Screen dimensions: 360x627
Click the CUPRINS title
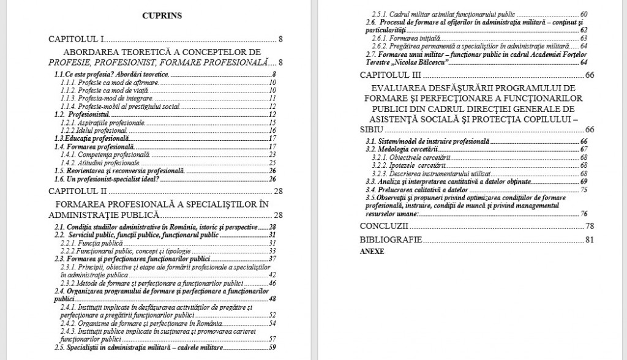click(x=162, y=16)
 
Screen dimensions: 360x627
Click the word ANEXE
click(x=372, y=252)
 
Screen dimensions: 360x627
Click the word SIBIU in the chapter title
click(x=372, y=129)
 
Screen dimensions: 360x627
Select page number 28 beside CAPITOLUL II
click(x=279, y=192)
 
